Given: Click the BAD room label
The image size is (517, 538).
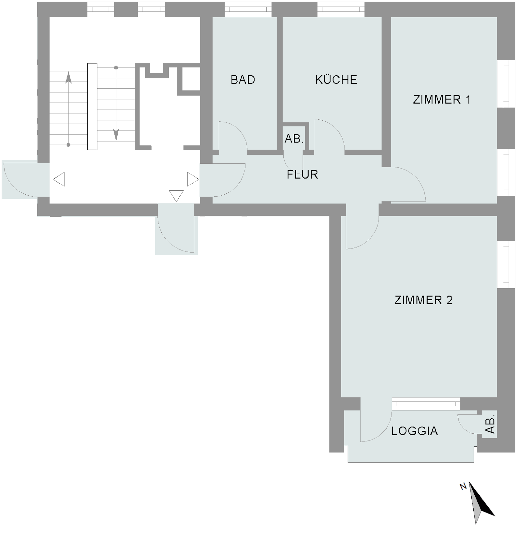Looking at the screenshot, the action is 243,80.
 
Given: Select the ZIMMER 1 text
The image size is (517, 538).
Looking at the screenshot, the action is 442,100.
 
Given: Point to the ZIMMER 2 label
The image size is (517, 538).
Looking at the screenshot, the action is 424,300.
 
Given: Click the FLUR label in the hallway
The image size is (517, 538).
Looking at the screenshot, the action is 302,175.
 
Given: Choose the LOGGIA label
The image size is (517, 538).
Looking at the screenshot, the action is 414,431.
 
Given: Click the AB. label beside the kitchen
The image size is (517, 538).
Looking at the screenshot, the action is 294,139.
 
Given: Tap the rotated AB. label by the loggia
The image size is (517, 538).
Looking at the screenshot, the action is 490,424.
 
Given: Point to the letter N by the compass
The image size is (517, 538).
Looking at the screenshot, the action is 463,486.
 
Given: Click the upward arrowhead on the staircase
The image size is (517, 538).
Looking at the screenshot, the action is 69,78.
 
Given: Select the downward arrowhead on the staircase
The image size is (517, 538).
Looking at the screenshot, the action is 116,134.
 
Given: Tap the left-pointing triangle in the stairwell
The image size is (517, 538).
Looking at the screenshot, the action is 59,179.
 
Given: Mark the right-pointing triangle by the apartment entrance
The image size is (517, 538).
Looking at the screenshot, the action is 193,179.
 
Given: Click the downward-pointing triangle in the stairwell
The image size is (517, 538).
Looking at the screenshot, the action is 176,196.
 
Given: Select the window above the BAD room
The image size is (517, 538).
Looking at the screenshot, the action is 248,9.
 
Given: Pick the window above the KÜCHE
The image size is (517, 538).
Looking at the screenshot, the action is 341,9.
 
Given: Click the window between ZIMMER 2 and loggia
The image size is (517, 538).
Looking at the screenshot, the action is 426,403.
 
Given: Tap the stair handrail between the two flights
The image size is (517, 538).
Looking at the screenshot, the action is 92,106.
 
